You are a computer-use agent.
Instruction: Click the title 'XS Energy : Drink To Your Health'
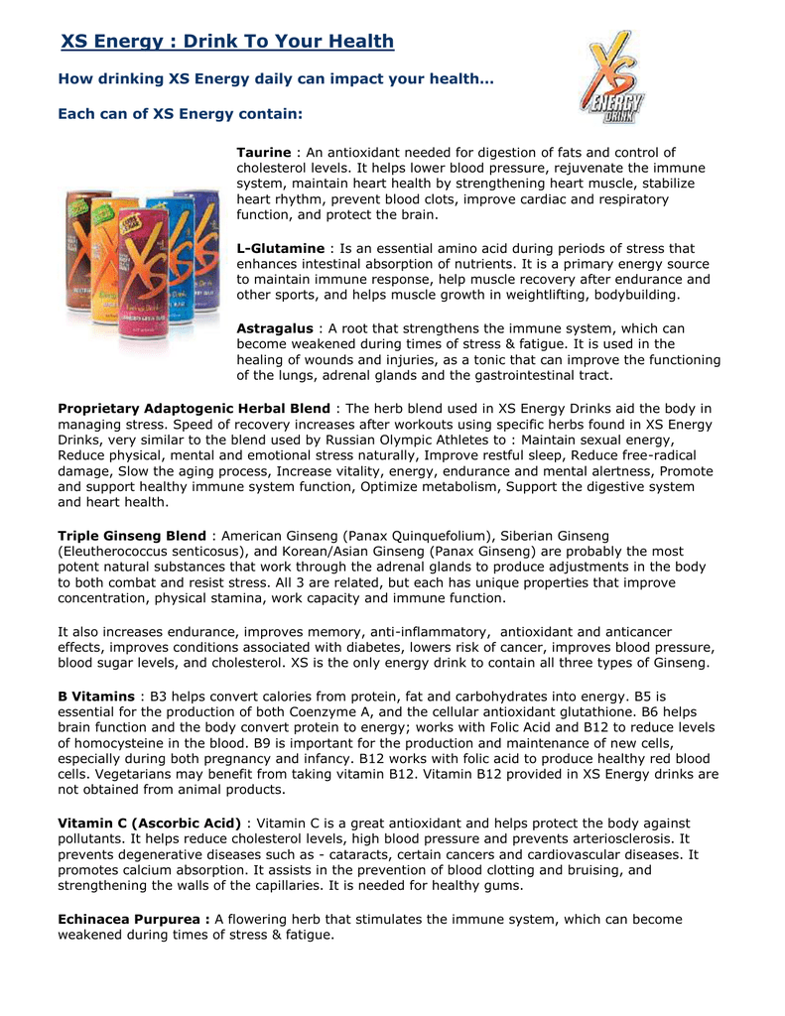coord(227,42)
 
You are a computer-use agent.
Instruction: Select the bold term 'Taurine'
coord(263,153)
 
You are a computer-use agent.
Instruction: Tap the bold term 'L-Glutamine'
coord(280,248)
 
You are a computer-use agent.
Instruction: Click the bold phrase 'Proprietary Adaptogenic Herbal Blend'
coord(195,409)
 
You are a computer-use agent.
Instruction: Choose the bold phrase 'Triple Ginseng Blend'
coord(132,536)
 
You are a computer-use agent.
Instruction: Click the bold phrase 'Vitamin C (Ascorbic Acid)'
coord(150,824)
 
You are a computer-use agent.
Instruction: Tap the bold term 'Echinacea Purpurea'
coord(133,919)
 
